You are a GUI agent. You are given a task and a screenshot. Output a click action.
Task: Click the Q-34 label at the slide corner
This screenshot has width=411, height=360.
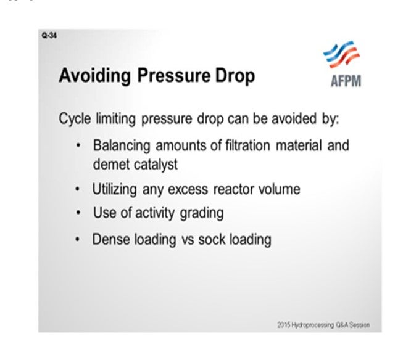pyautogui.click(x=49, y=35)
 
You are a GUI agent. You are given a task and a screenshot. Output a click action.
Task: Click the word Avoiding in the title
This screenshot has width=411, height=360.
pyautogui.click(x=94, y=76)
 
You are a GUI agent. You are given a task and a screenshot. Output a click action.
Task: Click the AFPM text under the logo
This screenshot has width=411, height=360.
pyautogui.click(x=346, y=81)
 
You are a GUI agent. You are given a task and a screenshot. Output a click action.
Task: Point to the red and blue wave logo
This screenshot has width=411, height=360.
pyautogui.click(x=341, y=54)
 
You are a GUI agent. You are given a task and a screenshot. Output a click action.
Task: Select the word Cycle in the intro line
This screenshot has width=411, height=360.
pyautogui.click(x=75, y=119)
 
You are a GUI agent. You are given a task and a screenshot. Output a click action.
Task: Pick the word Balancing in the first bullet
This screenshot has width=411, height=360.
pyautogui.click(x=122, y=146)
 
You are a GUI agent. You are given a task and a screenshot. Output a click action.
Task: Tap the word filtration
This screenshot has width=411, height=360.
pyautogui.click(x=247, y=145)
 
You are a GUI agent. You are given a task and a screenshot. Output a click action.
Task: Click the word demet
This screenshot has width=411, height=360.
pyautogui.click(x=112, y=165)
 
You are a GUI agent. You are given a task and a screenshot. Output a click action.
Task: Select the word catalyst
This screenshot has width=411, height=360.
pyautogui.click(x=156, y=165)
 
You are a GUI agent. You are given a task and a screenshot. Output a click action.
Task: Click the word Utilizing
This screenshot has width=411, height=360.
pyautogui.click(x=115, y=190)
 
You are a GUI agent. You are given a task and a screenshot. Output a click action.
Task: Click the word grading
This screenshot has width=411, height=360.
pyautogui.click(x=202, y=213)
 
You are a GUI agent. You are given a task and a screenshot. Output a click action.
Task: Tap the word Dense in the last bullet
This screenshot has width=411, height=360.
pyautogui.click(x=111, y=239)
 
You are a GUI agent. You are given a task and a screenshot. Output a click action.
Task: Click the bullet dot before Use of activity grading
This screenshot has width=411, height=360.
pyautogui.click(x=78, y=213)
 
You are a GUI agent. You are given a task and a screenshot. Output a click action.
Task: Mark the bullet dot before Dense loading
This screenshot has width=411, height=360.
pyautogui.click(x=77, y=240)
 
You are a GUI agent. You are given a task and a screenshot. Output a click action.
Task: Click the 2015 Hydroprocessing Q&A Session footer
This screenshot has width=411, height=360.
pyautogui.click(x=323, y=325)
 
